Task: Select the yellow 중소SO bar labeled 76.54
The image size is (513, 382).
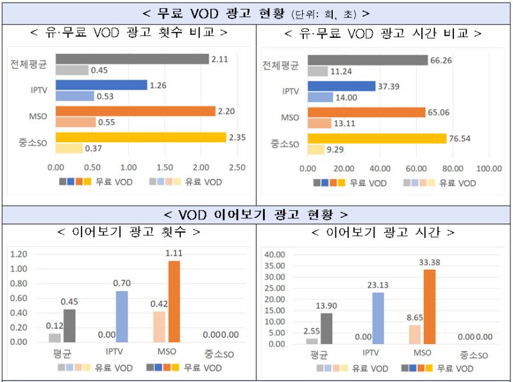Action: click(376, 138)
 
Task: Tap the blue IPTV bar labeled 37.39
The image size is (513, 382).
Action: click(341, 86)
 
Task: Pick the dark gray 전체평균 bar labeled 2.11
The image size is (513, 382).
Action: click(132, 59)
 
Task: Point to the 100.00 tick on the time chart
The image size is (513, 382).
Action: click(489, 168)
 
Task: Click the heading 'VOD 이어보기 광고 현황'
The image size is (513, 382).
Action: click(255, 214)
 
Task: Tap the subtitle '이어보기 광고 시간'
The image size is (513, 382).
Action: click(383, 231)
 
